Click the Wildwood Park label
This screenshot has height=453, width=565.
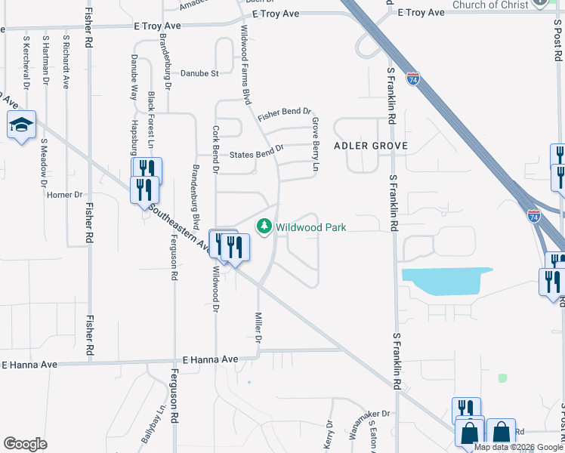click(x=310, y=226)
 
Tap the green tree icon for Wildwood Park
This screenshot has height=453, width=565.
click(x=264, y=226)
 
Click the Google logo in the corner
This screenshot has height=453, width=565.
click(x=25, y=444)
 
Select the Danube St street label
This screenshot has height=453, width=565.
click(x=199, y=74)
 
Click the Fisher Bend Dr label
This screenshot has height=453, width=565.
click(x=284, y=113)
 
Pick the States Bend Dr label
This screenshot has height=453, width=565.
click(x=255, y=149)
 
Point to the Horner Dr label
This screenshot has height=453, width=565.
click(x=64, y=195)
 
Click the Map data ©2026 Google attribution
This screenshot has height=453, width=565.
click(x=517, y=447)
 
